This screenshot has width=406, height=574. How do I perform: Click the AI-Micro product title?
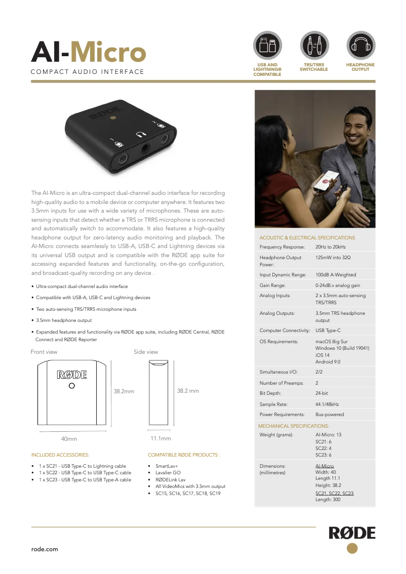[x=89, y=52]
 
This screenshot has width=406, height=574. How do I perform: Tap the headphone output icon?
[x=360, y=45]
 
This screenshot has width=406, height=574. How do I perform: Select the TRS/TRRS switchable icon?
[x=314, y=45]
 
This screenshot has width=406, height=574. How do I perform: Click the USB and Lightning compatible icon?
[x=267, y=45]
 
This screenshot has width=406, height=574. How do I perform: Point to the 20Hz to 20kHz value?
[x=331, y=247]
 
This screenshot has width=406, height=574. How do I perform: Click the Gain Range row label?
[x=273, y=285]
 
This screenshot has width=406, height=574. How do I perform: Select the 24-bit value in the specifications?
[x=322, y=393]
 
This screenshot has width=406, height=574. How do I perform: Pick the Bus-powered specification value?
[x=330, y=414]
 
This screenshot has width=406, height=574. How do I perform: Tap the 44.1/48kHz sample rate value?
[x=327, y=403]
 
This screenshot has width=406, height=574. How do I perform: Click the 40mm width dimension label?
[x=69, y=438]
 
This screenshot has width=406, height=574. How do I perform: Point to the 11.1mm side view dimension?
[x=160, y=438]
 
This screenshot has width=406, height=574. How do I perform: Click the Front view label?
[x=44, y=352]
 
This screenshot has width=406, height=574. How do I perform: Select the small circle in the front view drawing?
[x=72, y=386]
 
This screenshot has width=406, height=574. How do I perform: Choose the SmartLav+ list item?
[x=167, y=466]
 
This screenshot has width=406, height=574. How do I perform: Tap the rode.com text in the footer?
[x=45, y=549]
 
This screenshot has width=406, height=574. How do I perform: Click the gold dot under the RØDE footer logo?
[x=352, y=549]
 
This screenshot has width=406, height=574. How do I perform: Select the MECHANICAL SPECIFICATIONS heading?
[x=294, y=426]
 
